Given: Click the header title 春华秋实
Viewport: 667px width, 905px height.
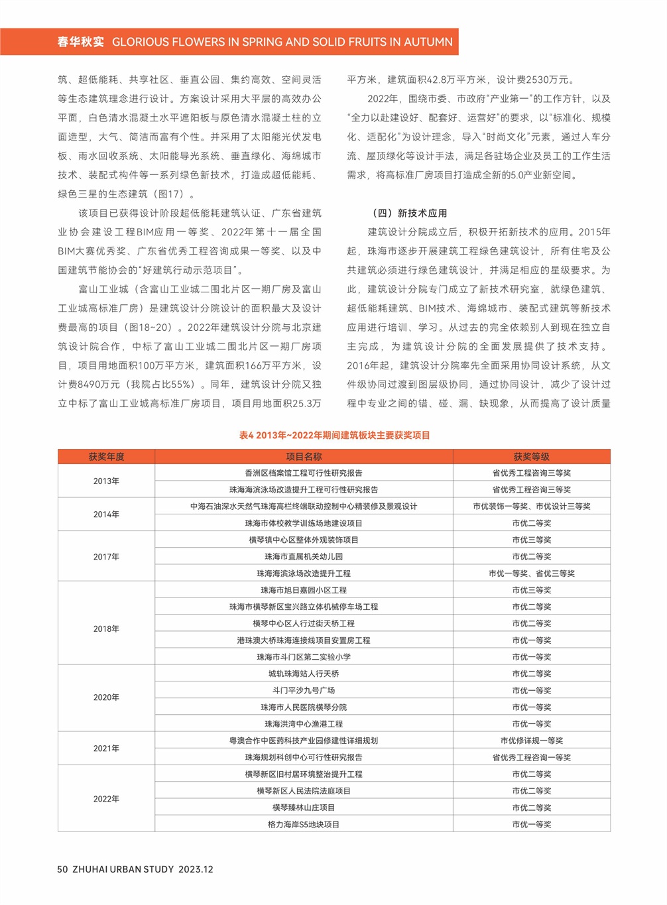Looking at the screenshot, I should (x=81, y=42).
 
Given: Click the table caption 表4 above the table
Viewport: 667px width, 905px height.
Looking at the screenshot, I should (x=247, y=436).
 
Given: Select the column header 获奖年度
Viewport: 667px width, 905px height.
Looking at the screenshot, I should (x=106, y=457).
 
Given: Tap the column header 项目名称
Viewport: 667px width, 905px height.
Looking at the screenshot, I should (x=304, y=457).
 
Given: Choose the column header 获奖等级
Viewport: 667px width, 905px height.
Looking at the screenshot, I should (x=531, y=457).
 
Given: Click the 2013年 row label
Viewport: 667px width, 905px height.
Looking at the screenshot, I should (x=106, y=481).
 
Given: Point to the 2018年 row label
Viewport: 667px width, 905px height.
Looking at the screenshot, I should (x=106, y=629).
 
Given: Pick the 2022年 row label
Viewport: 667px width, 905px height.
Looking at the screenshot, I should (x=106, y=799).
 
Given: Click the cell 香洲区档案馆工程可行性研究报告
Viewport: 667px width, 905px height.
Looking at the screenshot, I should (x=304, y=473).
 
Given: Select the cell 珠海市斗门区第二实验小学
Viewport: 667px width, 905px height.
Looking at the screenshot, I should (x=304, y=657).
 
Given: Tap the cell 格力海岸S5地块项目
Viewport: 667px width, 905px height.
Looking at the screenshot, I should (x=304, y=825).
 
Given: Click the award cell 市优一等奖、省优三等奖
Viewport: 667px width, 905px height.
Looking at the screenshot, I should (x=531, y=573).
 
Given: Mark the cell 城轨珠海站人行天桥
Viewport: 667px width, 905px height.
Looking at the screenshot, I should (x=304, y=674).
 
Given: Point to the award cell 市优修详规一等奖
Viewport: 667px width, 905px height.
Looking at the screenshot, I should (x=531, y=741).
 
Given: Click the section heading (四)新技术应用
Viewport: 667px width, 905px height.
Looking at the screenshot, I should (x=410, y=213).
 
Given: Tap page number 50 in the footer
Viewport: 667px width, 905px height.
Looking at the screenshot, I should (x=62, y=869).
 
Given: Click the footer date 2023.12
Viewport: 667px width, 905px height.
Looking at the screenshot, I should (x=196, y=869).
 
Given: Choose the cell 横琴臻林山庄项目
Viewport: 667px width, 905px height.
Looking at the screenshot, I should (x=304, y=808).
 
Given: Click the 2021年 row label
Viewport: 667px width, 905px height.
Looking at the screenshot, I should (x=106, y=749).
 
